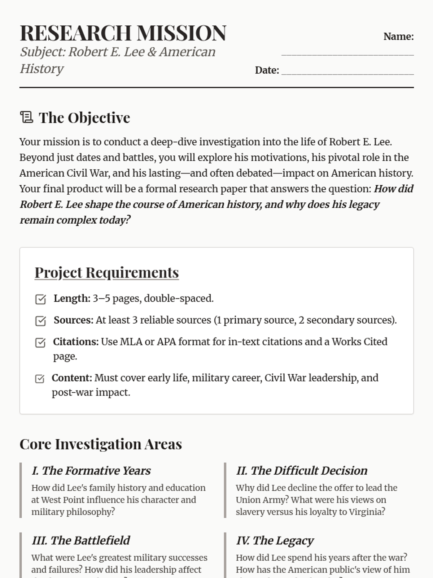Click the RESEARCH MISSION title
pos(123,33)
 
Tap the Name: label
pos(398,36)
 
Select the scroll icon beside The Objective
pos(26,117)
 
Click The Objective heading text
pos(84,118)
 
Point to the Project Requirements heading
pos(107,272)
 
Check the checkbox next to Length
pos(40,299)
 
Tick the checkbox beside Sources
pos(40,321)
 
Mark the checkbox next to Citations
pos(40,342)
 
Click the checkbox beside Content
pos(40,379)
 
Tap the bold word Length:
pos(72,298)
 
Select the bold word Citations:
pos(76,342)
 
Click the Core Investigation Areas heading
pos(101,444)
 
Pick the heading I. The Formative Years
pos(91,471)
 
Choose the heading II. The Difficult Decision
pos(302,471)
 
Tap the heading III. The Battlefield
pos(81,540)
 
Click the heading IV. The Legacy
pos(275,540)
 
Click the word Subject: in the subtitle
pos(43,52)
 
